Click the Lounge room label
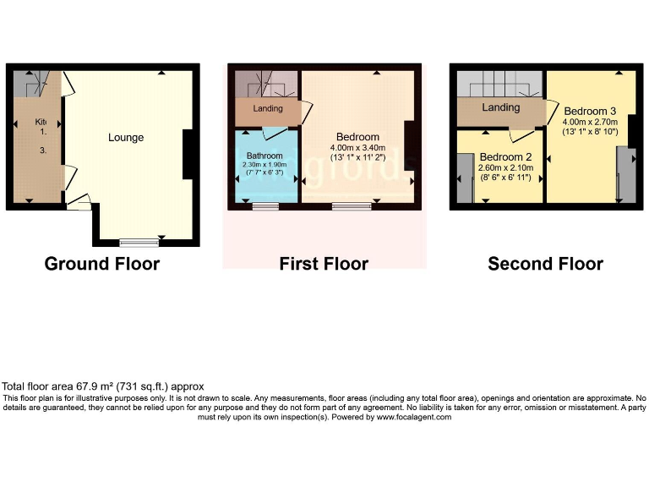click(126, 138)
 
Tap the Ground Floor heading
click(101, 264)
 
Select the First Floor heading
click(324, 264)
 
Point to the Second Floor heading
click(545, 264)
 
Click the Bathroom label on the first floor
click(265, 156)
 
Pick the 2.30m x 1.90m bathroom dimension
click(265, 164)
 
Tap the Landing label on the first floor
click(268, 109)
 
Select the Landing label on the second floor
click(500, 108)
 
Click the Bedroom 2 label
click(504, 157)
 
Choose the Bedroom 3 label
click(590, 111)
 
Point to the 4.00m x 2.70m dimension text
click(590, 121)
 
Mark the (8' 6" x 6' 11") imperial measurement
click(504, 178)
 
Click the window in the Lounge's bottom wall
click(139, 243)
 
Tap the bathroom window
click(265, 205)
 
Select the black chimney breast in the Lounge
click(190, 154)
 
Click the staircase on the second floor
click(499, 84)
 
